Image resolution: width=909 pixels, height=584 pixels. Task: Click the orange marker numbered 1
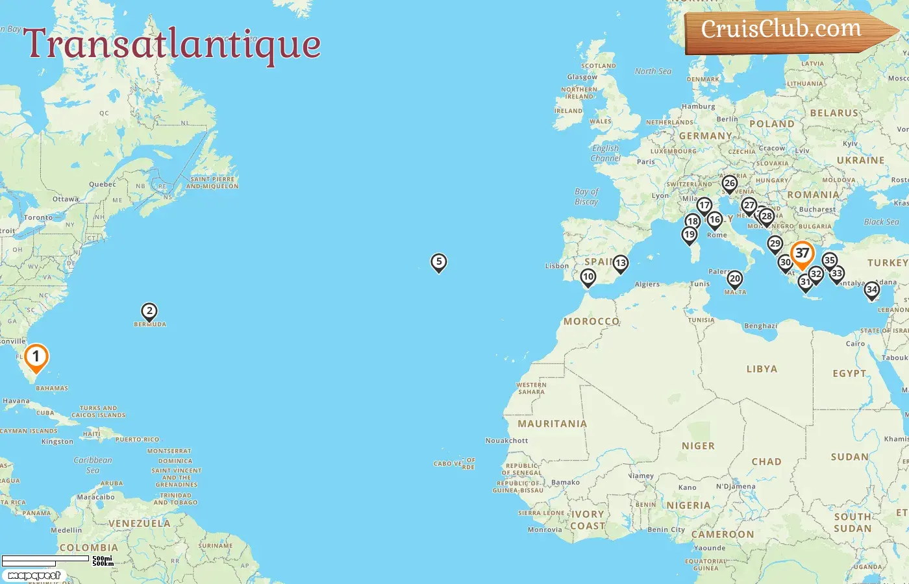click(36, 357)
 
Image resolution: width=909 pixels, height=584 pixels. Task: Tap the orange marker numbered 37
click(803, 254)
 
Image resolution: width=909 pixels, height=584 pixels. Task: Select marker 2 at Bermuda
click(149, 311)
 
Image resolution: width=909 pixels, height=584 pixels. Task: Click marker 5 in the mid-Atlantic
click(439, 262)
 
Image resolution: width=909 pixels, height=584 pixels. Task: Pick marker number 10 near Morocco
click(588, 278)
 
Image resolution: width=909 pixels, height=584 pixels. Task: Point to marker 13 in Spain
click(621, 263)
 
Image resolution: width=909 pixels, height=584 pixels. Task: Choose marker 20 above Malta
click(734, 279)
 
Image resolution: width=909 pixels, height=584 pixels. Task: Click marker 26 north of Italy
click(730, 184)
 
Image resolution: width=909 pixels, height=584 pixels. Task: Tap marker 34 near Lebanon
click(872, 290)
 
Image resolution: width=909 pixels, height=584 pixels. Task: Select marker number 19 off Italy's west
click(690, 234)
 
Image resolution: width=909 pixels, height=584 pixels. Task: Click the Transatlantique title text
click(172, 44)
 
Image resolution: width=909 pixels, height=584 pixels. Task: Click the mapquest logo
click(34, 576)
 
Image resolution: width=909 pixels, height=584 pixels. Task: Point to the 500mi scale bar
click(45, 558)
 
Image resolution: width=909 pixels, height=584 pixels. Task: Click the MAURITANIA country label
click(552, 424)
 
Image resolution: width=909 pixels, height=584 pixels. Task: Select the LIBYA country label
click(762, 369)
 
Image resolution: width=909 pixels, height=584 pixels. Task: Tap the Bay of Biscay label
click(586, 197)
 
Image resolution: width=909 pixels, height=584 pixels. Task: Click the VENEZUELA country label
click(139, 524)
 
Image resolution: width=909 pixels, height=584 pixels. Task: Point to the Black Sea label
click(881, 222)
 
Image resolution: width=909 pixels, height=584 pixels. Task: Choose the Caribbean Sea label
click(93, 465)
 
